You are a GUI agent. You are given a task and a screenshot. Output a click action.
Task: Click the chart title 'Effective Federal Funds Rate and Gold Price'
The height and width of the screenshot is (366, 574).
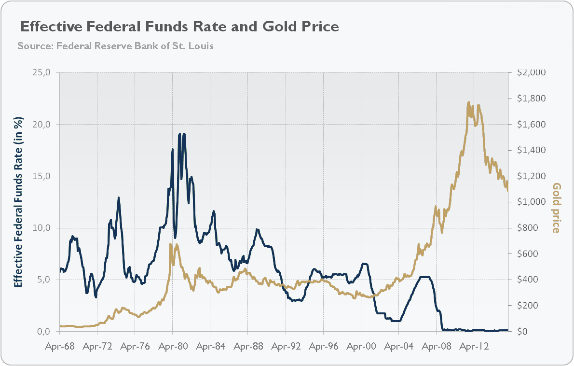[178, 26]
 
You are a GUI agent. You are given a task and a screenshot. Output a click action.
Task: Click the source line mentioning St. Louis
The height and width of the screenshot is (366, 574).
[115, 46]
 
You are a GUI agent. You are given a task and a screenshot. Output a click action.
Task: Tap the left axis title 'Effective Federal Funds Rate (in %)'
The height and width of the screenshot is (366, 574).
[18, 202]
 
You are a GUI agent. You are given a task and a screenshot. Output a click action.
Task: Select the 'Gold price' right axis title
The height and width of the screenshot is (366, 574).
[557, 208]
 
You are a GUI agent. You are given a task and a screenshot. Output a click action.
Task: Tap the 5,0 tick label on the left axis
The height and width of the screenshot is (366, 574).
[43, 280]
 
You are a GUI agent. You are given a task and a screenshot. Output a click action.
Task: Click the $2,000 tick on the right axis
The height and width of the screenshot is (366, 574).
[531, 72]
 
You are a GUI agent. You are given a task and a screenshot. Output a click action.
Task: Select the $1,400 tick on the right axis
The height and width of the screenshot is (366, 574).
[531, 150]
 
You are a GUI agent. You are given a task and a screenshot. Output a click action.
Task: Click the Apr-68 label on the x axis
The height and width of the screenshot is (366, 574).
[60, 346]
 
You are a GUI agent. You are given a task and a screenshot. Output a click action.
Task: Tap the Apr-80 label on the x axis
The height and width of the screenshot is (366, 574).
[173, 346]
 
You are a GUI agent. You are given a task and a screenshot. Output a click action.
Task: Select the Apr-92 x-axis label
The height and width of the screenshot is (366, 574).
[286, 346]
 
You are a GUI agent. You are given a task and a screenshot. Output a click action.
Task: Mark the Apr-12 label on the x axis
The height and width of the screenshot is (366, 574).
[474, 346]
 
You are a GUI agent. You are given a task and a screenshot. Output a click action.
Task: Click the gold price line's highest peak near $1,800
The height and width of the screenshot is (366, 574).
[468, 102]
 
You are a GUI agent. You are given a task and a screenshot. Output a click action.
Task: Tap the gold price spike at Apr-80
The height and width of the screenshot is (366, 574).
[171, 244]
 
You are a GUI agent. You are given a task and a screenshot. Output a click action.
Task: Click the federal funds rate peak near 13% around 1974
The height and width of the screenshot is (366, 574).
[119, 197]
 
